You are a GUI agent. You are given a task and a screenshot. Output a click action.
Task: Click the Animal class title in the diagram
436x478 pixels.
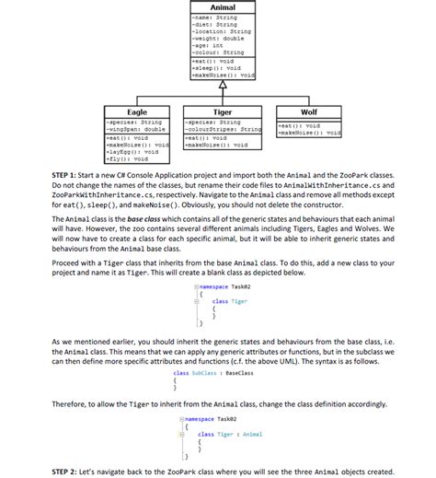coord(223,7)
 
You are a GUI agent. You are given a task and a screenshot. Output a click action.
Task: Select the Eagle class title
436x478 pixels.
coord(136,111)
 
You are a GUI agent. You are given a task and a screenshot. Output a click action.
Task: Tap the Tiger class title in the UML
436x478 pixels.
coord(223,111)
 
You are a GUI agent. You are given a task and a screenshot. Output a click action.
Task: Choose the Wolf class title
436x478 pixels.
coord(308,111)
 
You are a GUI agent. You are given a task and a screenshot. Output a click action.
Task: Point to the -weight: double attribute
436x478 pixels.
coord(214,38)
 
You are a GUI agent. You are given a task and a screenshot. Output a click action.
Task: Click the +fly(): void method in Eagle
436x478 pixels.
coord(128,159)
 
